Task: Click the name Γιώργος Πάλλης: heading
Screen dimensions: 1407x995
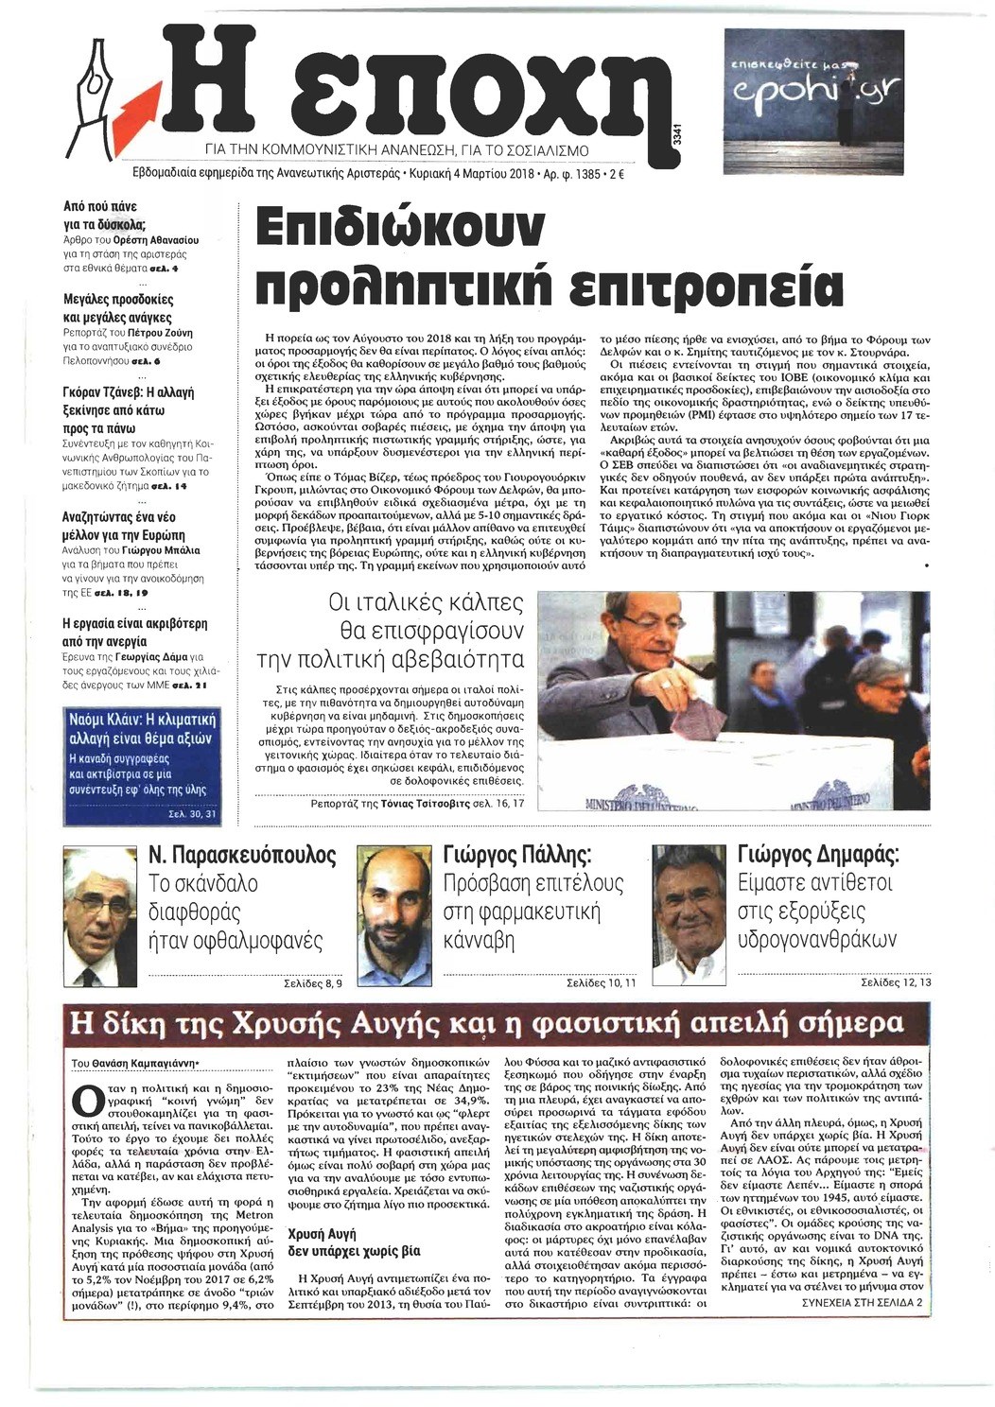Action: tap(516, 856)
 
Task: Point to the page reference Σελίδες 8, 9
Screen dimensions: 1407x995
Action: tap(312, 983)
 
